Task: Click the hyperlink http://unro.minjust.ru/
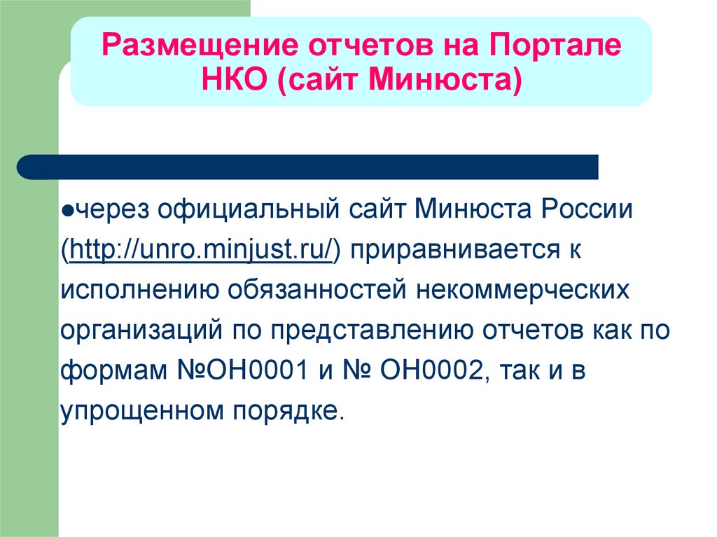202,250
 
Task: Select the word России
587,209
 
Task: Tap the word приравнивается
455,250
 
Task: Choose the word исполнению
140,290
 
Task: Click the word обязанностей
317,290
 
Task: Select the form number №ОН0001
243,370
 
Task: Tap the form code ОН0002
431,370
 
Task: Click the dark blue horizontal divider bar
307,167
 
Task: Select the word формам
114,370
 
